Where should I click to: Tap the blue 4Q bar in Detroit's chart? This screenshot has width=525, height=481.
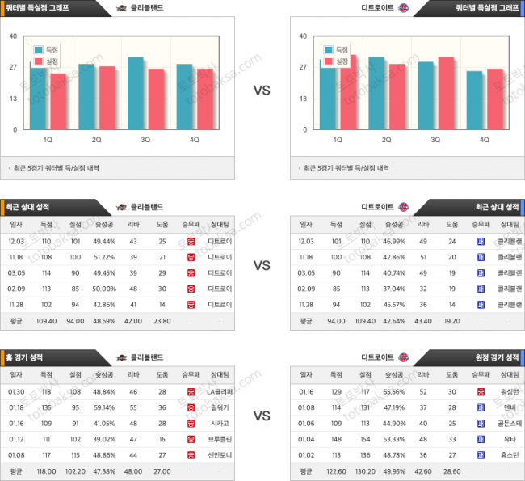[474, 100]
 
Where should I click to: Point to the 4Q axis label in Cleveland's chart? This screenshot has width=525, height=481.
[194, 140]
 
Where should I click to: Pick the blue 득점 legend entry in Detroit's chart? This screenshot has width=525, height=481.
[338, 49]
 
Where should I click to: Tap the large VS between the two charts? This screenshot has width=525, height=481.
[262, 91]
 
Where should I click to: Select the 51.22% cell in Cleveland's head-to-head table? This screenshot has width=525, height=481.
[104, 257]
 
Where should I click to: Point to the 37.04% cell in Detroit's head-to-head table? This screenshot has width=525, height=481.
[394, 288]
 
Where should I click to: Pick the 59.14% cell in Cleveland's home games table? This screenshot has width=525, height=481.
[104, 408]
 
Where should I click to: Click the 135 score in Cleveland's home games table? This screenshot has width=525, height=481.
[46, 408]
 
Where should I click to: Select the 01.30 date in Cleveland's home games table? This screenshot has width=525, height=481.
[16, 392]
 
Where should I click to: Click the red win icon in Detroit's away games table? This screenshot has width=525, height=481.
[481, 392]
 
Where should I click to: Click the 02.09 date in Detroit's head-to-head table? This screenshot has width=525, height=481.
[306, 288]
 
